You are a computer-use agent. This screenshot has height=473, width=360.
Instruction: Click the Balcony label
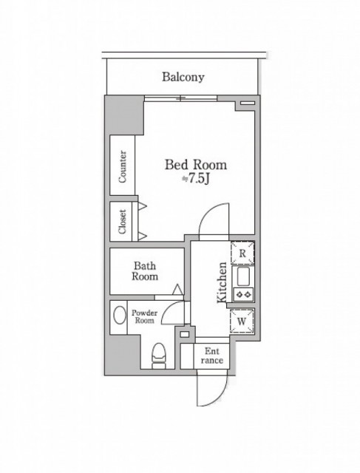183,77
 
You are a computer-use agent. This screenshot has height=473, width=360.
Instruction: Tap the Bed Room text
196,165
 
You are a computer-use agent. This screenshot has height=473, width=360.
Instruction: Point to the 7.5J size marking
196,179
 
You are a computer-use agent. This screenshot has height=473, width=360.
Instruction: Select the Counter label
123,166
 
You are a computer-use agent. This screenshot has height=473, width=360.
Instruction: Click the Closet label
122,222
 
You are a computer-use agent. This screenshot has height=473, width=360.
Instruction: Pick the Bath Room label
145,271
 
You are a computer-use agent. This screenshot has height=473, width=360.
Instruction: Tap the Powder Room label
144,317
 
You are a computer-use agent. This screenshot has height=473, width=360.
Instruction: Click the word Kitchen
222,282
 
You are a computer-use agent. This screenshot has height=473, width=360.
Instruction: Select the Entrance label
212,355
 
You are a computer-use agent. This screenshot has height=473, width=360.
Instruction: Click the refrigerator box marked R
242,253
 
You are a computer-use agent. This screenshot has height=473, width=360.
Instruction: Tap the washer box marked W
242,321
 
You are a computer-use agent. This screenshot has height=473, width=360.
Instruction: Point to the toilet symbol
159,356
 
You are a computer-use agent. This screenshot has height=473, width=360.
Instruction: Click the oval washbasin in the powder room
120,316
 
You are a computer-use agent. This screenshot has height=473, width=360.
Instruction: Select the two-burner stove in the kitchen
243,294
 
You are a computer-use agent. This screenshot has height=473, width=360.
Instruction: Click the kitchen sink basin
243,277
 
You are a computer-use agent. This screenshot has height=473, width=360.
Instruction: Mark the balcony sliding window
180,98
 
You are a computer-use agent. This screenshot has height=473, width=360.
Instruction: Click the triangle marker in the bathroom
177,289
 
